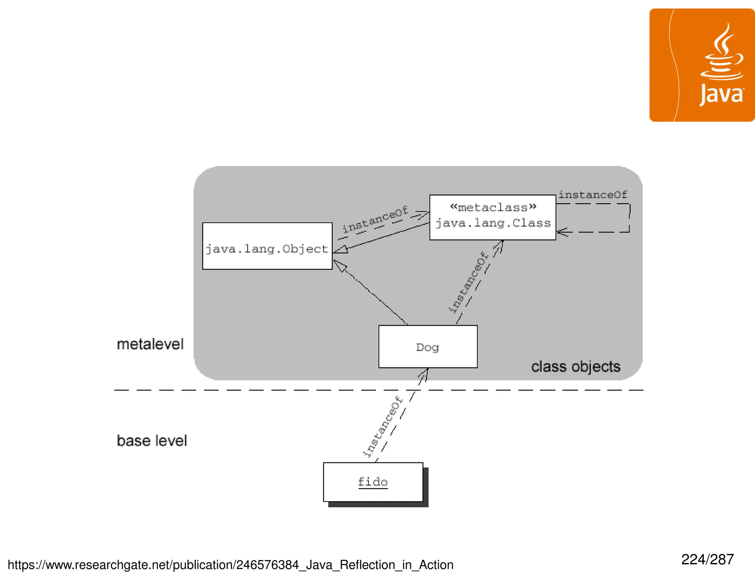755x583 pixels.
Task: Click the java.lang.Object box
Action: [x=267, y=246]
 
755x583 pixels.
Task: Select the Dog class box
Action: [x=428, y=346]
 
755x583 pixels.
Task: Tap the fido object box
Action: [x=373, y=482]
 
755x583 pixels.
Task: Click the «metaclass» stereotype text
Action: [x=493, y=207]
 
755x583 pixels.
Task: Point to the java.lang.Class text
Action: [x=493, y=223]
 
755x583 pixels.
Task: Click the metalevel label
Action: [x=150, y=344]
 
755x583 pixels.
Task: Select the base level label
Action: [x=152, y=441]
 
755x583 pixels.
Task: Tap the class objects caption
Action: [x=575, y=367]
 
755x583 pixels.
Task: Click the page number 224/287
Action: [x=707, y=559]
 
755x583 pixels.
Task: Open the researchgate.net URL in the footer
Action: [x=230, y=565]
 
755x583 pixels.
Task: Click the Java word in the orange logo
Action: [x=721, y=95]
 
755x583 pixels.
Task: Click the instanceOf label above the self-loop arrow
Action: [x=592, y=195]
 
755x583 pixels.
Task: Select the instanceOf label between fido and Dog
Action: [x=383, y=426]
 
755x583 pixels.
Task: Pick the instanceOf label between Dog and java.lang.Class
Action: [x=468, y=283]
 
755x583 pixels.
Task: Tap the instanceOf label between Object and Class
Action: [x=375, y=220]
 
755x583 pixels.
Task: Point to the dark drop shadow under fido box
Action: [x=378, y=505]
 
